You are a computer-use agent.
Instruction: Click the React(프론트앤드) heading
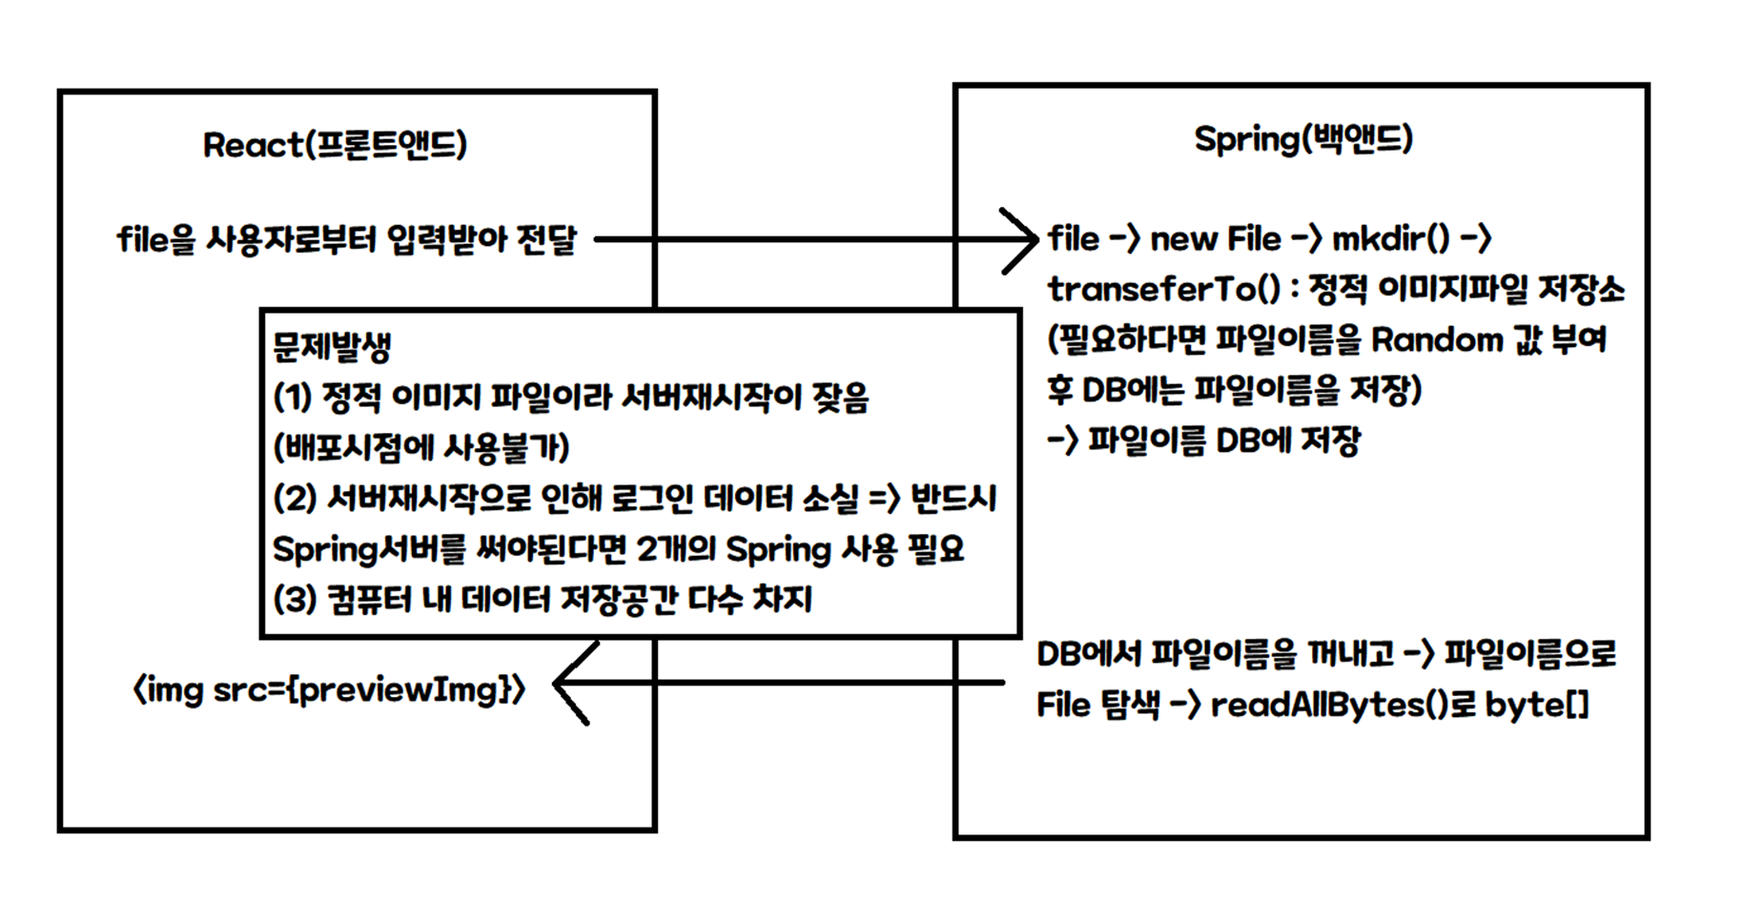(x=335, y=145)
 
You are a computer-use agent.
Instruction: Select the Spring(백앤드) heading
(x=1302, y=139)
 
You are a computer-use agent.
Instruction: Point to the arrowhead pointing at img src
(x=566, y=684)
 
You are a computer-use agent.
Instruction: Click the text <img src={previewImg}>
(x=329, y=689)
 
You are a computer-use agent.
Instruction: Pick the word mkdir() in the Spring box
(x=1390, y=238)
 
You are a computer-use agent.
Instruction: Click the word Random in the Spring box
(x=1437, y=339)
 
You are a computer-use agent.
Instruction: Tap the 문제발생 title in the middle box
(x=332, y=346)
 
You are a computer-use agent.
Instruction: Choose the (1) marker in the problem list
(x=293, y=397)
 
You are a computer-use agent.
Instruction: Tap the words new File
(x=1215, y=238)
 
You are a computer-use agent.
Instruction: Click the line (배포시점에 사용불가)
(x=420, y=447)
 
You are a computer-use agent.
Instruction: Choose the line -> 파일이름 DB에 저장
(x=1203, y=441)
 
